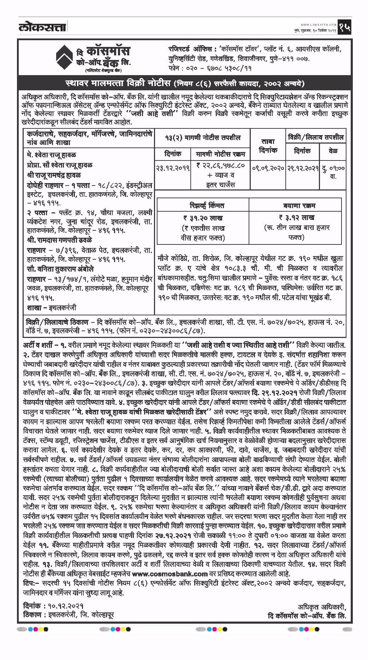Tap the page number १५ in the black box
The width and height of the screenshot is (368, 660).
point(344,28)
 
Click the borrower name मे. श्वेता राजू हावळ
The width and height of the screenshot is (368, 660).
point(52,155)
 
